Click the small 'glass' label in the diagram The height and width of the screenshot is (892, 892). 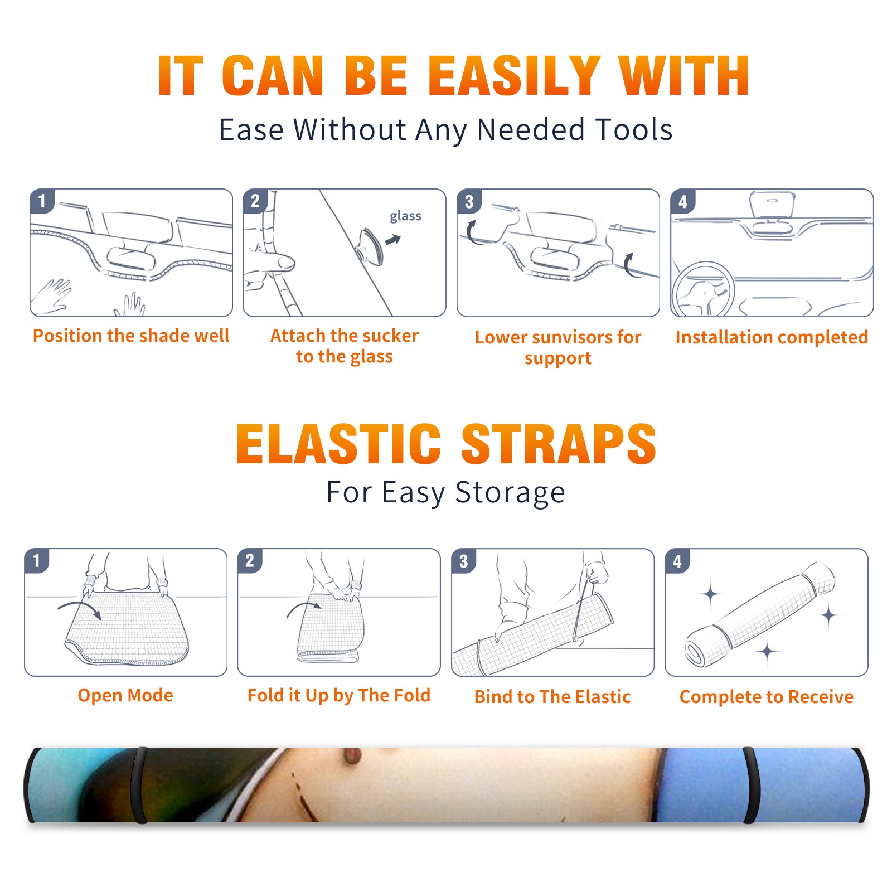tap(405, 216)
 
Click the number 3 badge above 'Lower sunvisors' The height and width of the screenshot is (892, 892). tap(469, 202)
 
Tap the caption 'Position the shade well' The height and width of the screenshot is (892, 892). tap(131, 336)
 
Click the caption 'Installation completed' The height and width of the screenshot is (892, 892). tap(772, 337)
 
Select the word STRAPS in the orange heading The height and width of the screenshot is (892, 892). tap(559, 444)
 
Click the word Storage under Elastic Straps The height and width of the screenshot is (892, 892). tap(510, 493)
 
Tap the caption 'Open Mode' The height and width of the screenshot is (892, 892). tap(125, 695)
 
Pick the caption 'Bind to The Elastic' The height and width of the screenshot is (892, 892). tap(552, 696)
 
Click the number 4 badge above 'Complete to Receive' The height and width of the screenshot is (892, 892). tap(677, 561)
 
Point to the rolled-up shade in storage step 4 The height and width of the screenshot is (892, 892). tap(760, 615)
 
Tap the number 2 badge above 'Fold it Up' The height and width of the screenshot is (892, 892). tap(250, 560)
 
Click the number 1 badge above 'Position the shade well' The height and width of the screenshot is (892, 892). tap(42, 201)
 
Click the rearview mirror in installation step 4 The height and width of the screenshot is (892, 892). tap(772, 206)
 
